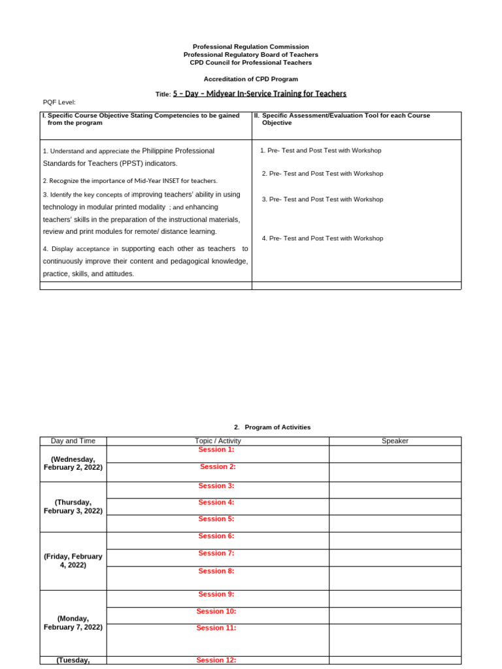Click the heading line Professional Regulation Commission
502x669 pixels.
250,47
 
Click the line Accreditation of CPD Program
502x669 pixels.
250,79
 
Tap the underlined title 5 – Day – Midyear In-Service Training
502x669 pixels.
259,93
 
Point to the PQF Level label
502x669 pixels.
59,102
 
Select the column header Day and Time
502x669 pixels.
73,441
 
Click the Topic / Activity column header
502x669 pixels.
218,441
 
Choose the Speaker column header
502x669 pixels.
395,441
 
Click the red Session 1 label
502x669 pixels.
216,449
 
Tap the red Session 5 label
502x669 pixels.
216,519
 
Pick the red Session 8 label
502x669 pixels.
216,571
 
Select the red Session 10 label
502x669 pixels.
216,612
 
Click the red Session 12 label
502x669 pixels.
216,660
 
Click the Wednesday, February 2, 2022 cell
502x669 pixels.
73,463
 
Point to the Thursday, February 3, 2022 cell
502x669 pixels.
73,506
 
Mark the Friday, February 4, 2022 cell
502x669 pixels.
73,561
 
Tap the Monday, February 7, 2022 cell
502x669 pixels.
73,623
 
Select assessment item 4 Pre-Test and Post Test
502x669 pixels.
322,238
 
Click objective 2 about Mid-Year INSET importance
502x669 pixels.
130,180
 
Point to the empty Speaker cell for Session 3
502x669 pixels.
395,490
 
